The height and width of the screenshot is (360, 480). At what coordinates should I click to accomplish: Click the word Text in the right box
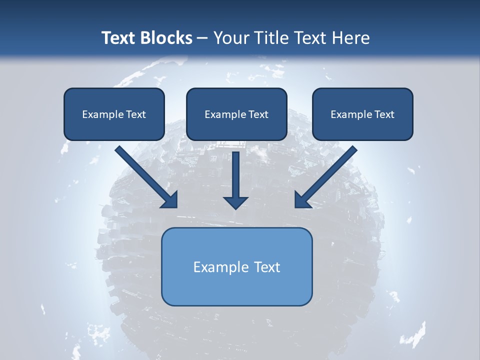[x=384, y=114]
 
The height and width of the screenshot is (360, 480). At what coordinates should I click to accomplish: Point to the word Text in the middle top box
[x=258, y=114]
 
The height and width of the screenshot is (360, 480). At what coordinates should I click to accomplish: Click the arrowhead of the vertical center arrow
[x=235, y=202]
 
